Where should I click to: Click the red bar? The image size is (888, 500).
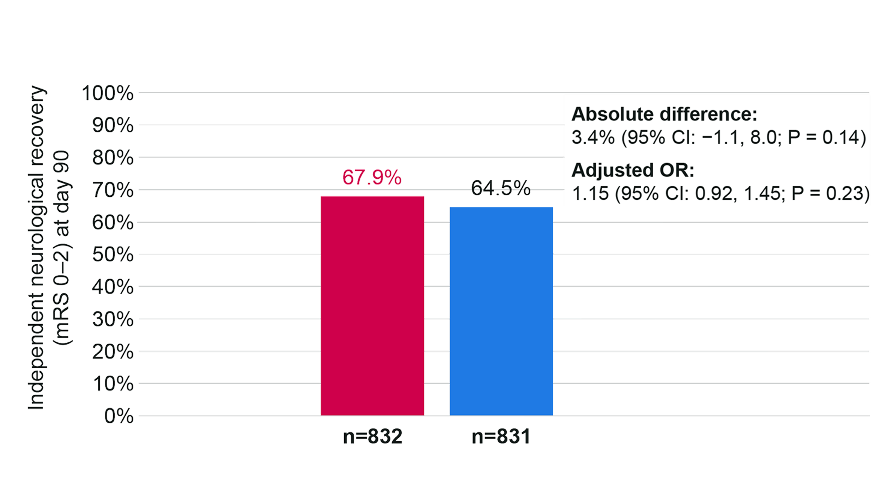click(372, 306)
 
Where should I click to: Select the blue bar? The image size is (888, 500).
click(501, 311)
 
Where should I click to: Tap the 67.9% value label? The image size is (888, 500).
click(372, 178)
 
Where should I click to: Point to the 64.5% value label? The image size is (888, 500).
click(501, 188)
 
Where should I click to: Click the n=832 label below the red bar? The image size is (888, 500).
click(373, 437)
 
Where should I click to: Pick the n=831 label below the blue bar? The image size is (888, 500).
click(501, 437)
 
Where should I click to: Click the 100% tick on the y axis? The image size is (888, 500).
click(108, 93)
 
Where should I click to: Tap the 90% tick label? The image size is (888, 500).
click(112, 126)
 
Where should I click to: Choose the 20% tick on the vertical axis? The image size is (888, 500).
click(112, 352)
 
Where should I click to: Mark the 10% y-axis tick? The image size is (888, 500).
click(112, 384)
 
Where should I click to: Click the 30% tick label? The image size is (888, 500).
click(112, 320)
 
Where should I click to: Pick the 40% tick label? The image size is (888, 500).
click(112, 288)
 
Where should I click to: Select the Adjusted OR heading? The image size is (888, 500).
click(633, 171)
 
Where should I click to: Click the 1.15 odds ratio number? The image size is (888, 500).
click(590, 194)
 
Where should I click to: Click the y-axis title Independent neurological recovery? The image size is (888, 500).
click(36, 250)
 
